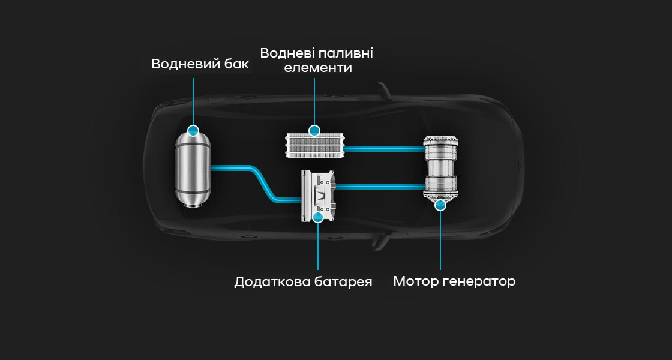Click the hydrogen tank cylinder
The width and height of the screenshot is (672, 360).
click(193, 171)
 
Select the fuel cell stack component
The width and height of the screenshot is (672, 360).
click(314, 146)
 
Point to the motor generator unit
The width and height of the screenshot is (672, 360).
click(440, 168)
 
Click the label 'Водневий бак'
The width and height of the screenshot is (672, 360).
click(200, 64)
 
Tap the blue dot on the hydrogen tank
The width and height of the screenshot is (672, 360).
click(193, 130)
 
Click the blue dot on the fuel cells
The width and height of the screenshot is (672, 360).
click(314, 131)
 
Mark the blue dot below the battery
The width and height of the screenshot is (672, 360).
click(318, 217)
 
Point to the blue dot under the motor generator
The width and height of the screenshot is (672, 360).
click(440, 205)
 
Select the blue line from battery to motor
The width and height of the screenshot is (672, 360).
click(378, 187)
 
